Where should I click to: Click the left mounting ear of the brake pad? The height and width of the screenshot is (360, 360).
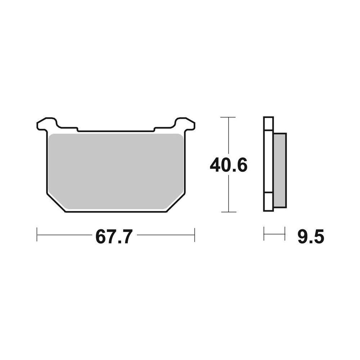pos(47,124)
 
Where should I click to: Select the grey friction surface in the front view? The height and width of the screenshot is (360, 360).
pos(115,169)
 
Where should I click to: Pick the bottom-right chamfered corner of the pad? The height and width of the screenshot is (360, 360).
pos(176,203)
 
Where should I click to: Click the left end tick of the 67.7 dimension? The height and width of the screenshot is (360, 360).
pos(37,235)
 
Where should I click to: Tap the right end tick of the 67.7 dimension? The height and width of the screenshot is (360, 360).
pos(194,235)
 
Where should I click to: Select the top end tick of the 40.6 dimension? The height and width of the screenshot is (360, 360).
pos(228,117)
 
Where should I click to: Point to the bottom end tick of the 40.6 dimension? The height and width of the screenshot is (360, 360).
pos(228,212)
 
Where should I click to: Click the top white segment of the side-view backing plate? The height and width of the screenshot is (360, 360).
pos(269,123)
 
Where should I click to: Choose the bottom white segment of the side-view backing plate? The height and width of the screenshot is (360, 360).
pos(269,202)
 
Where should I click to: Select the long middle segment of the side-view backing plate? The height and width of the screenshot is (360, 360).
pos(269,162)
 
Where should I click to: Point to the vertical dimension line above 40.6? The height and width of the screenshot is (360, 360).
pos(228,137)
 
